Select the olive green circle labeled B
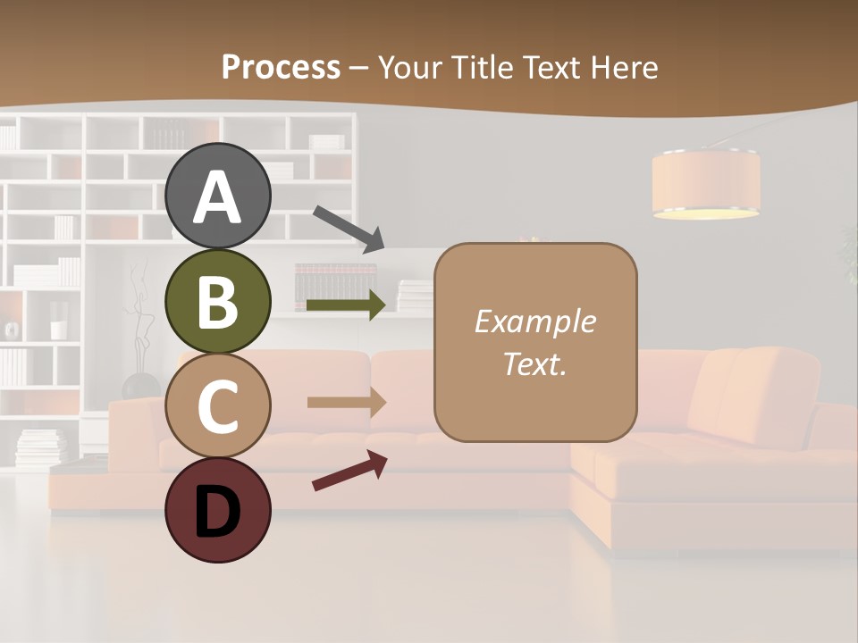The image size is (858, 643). click(x=218, y=301)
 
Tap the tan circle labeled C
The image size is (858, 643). click(x=218, y=405)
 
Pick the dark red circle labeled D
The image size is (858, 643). click(x=218, y=510)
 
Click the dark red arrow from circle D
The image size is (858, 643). click(x=349, y=471)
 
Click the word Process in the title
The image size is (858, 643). click(x=281, y=67)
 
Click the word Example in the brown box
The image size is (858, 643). click(x=534, y=321)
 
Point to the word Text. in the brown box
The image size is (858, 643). click(x=534, y=363)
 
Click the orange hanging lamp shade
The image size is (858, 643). click(x=705, y=184)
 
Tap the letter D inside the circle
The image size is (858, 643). click(x=218, y=514)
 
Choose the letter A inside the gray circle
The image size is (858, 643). click(x=218, y=198)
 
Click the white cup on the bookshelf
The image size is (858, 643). click(x=58, y=330)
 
